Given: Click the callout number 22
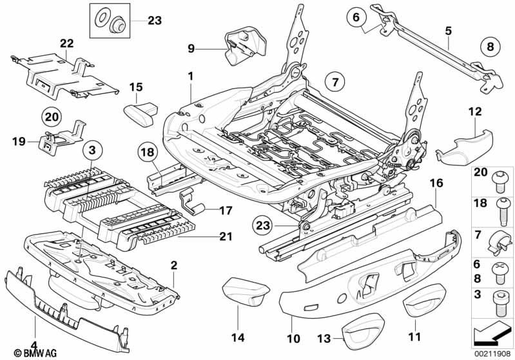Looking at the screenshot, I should tap(67, 43).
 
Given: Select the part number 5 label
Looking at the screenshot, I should tap(448, 29).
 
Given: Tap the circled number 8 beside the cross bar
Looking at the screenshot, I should tap(491, 47).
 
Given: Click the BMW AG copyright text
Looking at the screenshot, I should tap(25, 353).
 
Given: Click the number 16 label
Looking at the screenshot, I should tap(436, 184).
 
